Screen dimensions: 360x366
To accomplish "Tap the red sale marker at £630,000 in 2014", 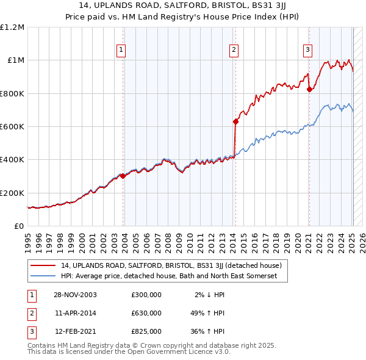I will tap(235, 121).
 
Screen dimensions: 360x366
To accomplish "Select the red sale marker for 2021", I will tap(309, 89).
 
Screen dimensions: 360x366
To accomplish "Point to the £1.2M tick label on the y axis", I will tap(13, 27).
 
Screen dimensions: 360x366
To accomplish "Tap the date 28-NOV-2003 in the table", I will tap(76, 295).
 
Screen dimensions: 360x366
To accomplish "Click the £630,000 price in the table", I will tap(146, 313).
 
